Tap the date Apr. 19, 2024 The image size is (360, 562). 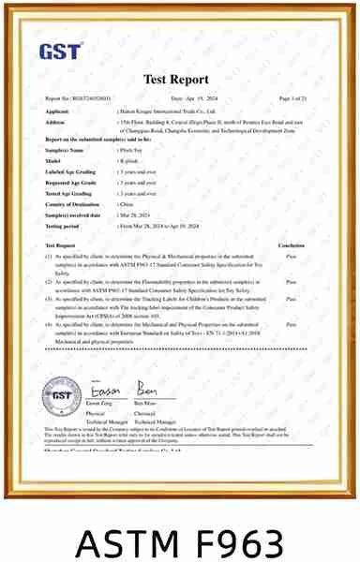point(194,98)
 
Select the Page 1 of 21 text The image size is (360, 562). point(292,98)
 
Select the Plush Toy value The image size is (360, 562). point(131,150)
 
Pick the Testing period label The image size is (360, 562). point(63,226)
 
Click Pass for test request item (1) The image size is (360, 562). point(292,256)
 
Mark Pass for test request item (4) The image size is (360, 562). point(292,324)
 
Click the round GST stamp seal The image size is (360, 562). point(61,396)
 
